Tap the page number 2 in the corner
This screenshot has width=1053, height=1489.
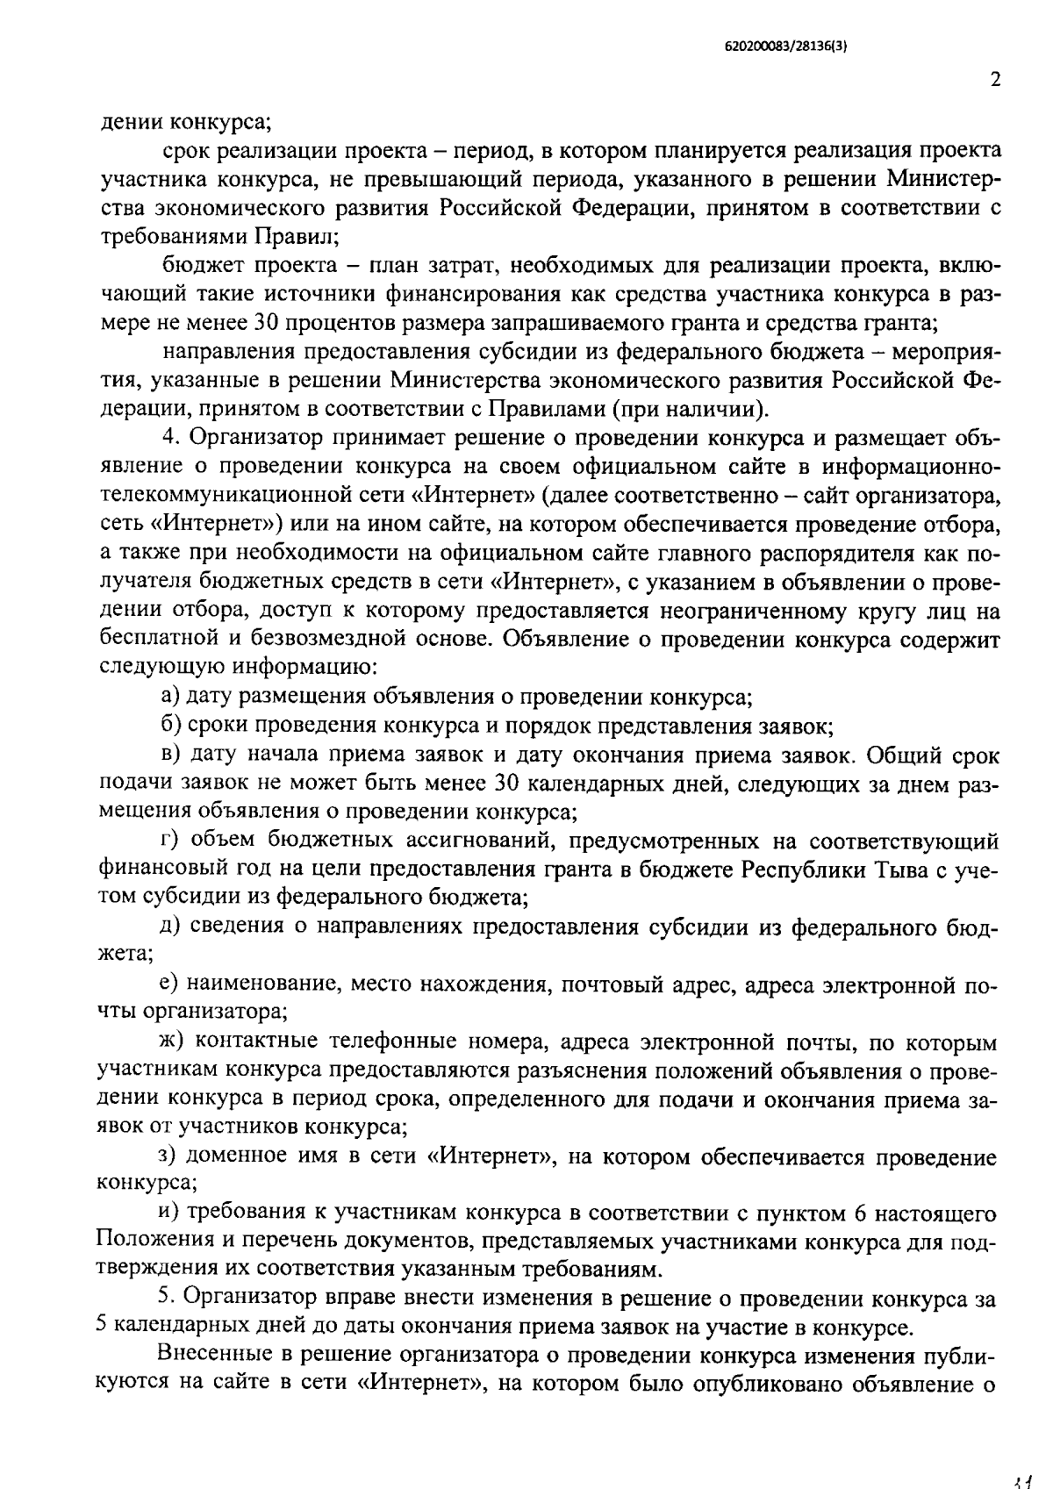pyautogui.click(x=994, y=80)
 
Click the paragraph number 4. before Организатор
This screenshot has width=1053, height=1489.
pyautogui.click(x=170, y=436)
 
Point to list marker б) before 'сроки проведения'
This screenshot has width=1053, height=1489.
pyautogui.click(x=171, y=727)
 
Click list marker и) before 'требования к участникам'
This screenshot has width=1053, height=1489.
pyautogui.click(x=170, y=1213)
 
